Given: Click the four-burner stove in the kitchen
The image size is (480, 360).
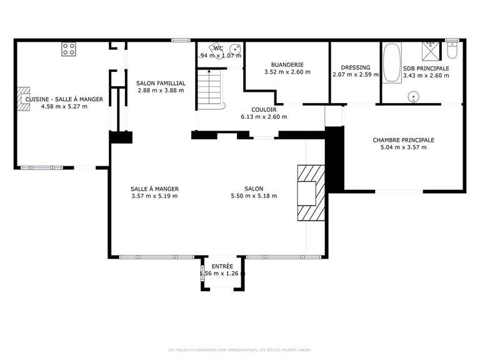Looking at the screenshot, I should [69, 49].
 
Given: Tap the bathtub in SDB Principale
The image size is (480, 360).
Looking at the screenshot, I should [392, 63].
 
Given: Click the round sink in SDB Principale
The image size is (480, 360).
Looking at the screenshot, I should [413, 96].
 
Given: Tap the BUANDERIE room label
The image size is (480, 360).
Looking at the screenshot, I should [287, 64].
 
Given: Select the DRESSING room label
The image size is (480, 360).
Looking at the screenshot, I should [355, 67].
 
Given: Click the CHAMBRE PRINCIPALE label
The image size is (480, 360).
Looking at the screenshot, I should [403, 140].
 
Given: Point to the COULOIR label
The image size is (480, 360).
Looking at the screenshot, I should [264, 109].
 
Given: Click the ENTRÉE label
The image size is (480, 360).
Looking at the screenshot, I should [222, 266].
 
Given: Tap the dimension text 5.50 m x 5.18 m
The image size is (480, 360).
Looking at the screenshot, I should [254, 196].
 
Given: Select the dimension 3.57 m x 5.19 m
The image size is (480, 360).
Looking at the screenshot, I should [154, 196].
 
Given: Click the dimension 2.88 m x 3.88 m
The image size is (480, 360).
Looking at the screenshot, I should [161, 90].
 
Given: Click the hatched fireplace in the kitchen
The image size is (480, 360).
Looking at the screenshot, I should [24, 99].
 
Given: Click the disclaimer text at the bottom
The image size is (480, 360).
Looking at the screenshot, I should [239, 350].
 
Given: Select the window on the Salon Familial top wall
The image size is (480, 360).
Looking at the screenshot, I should [181, 41].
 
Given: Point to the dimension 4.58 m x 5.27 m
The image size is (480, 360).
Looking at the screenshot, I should [64, 106].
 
